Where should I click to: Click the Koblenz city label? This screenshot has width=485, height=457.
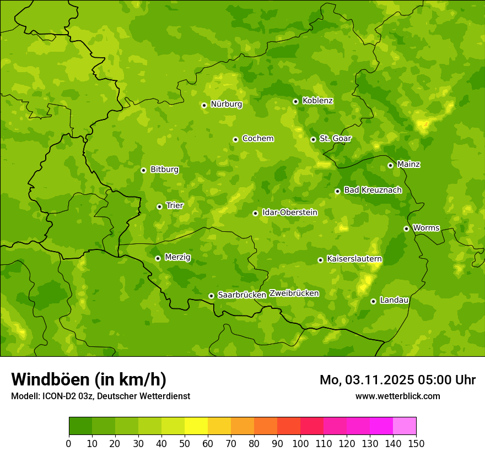tap(317, 101)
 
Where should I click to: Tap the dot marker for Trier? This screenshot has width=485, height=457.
tap(160, 206)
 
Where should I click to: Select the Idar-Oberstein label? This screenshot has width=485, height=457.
tap(290, 212)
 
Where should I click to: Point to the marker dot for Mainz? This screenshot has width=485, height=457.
tap(390, 165)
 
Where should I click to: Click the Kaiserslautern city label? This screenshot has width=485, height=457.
tap(354, 259)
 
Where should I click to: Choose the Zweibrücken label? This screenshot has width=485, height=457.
tap(294, 293)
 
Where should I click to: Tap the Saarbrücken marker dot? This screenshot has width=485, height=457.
tap(211, 296)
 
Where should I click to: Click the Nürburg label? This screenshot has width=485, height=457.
tap(226, 104)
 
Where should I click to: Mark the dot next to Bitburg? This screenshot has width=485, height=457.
tap(143, 170)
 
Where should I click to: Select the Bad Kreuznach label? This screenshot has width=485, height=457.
tap(373, 190)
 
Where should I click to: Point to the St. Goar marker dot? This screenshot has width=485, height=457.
tap(313, 139)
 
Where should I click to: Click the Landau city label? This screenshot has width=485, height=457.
tap(394, 300)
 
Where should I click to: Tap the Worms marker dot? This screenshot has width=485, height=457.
tap(406, 228)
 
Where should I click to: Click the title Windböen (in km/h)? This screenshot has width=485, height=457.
tap(88, 379)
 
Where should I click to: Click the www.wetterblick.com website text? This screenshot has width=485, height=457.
tap(397, 396)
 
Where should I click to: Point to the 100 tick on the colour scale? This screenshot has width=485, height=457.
tap(300, 443)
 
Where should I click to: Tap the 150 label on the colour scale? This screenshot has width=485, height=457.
tap(416, 443)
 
